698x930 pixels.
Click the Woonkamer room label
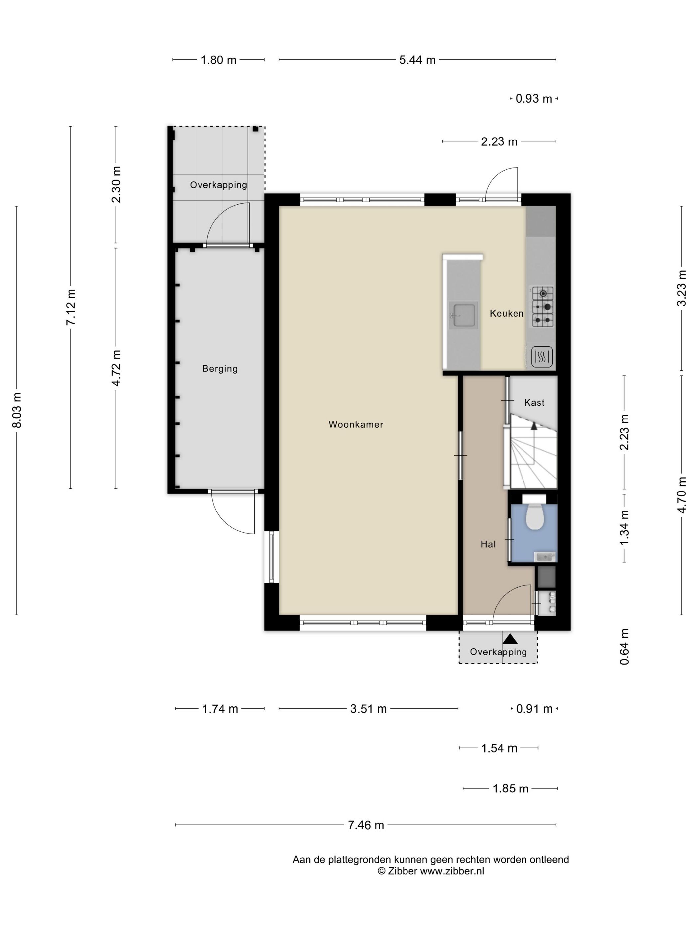(x=356, y=424)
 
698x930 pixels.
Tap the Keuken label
(x=506, y=313)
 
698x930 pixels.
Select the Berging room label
(x=220, y=369)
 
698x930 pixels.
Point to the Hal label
(x=488, y=544)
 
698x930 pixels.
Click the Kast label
(x=534, y=402)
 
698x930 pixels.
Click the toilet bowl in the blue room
(x=535, y=517)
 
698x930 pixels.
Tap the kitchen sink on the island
(x=463, y=315)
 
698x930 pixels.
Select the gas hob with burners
(x=543, y=307)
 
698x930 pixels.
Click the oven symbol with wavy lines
(x=542, y=357)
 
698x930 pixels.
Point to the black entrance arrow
(x=510, y=639)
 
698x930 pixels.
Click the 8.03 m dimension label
(x=17, y=410)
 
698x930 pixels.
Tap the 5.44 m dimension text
(x=417, y=60)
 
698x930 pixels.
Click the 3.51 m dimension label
(x=368, y=709)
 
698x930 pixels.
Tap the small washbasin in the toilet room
(x=545, y=557)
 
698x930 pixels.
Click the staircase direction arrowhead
(x=534, y=426)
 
